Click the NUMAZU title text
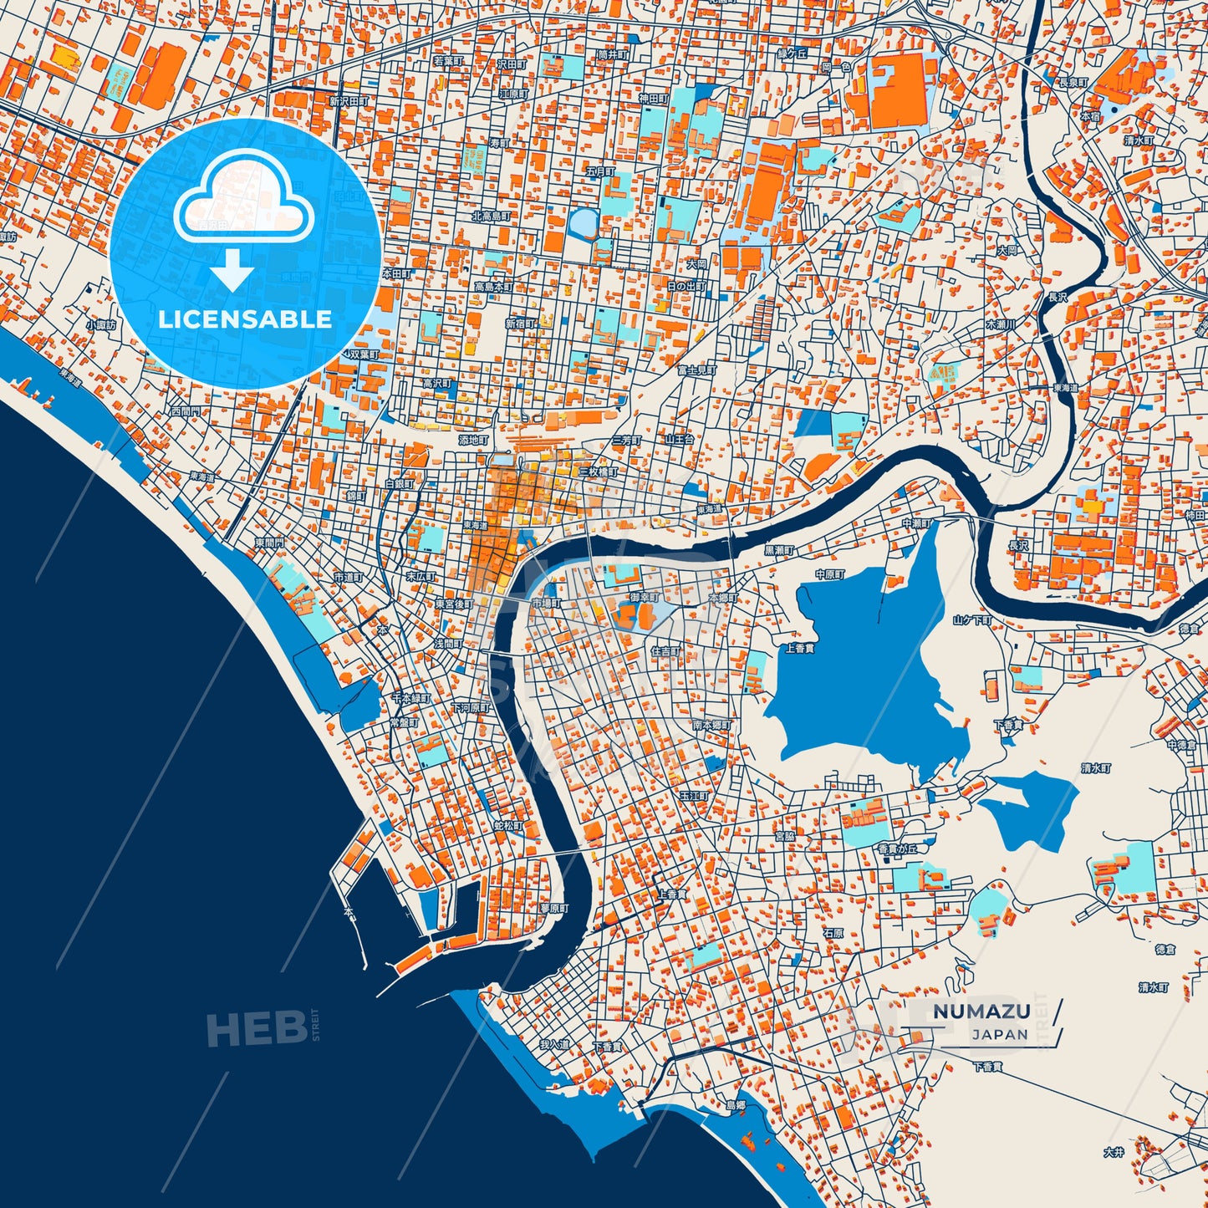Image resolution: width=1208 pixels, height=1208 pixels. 981,1011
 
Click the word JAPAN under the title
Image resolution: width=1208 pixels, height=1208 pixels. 1000,1034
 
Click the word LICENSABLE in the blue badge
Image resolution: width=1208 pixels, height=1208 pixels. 245,319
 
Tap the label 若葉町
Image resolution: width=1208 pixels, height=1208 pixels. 448,61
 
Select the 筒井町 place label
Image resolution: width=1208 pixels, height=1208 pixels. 612,54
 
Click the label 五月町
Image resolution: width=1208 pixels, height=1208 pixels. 599,171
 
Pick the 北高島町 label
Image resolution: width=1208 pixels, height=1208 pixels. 491,217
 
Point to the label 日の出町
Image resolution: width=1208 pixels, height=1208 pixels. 686,286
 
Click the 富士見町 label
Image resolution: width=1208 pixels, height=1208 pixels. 696,369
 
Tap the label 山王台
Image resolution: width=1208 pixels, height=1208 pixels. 679,439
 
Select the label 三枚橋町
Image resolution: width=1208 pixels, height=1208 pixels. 599,472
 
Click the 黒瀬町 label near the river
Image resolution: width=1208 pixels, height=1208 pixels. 779,552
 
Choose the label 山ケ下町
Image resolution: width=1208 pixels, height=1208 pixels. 972,620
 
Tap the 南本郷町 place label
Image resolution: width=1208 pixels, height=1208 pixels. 711,725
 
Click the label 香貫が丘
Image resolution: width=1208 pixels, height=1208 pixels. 897,849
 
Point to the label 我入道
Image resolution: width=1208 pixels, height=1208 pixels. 554,1045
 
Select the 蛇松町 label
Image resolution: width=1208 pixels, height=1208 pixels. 507,826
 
